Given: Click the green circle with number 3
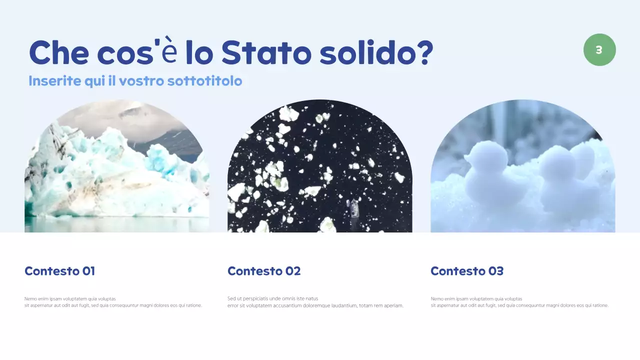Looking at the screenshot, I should (x=599, y=50).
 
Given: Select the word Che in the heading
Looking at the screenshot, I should (x=58, y=52).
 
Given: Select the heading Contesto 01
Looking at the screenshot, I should (x=59, y=271).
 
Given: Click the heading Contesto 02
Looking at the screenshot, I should (x=264, y=271).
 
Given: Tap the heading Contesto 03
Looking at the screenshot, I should (x=467, y=271).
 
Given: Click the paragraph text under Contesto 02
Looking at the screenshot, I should (x=315, y=302).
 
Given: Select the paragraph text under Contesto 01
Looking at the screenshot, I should (x=113, y=302).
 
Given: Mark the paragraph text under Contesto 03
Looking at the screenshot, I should (x=519, y=302).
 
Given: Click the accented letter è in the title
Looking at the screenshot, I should (x=169, y=53).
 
